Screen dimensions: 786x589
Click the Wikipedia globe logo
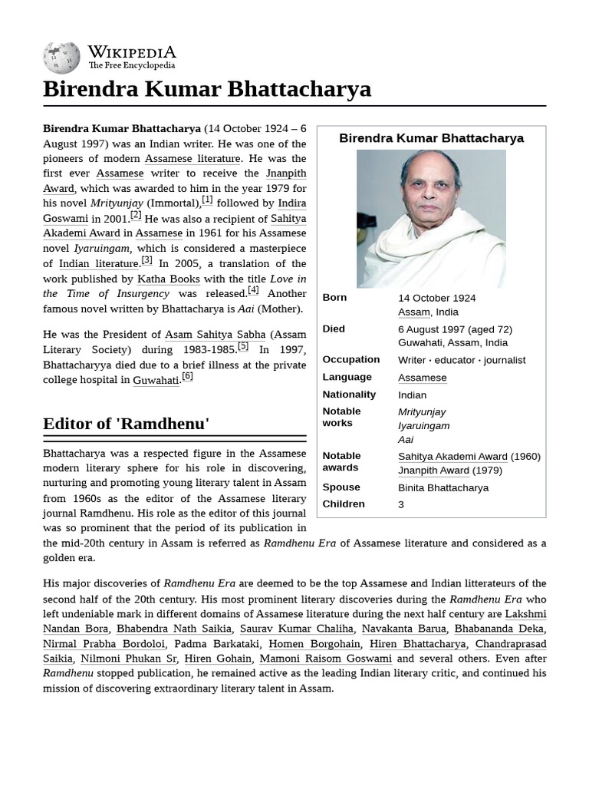[61, 58]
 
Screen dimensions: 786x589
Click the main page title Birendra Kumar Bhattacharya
[207, 89]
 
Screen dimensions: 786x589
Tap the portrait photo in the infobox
[431, 218]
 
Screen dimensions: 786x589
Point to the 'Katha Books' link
[169, 279]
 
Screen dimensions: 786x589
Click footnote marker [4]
[253, 291]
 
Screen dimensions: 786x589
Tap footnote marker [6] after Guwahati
[187, 376]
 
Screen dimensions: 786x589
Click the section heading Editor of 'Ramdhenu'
[127, 423]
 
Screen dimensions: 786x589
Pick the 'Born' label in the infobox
[334, 298]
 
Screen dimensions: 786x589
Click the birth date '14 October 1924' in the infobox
[436, 298]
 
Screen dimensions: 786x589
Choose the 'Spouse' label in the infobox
[341, 487]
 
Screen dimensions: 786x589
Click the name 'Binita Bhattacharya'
[443, 487]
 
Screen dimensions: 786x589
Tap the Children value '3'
[401, 504]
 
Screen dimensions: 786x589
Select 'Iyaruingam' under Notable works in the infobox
[424, 426]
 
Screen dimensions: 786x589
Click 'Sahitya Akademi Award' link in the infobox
[452, 457]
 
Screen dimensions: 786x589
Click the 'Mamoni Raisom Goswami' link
[325, 659]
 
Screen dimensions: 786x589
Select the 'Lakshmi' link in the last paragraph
[526, 614]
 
